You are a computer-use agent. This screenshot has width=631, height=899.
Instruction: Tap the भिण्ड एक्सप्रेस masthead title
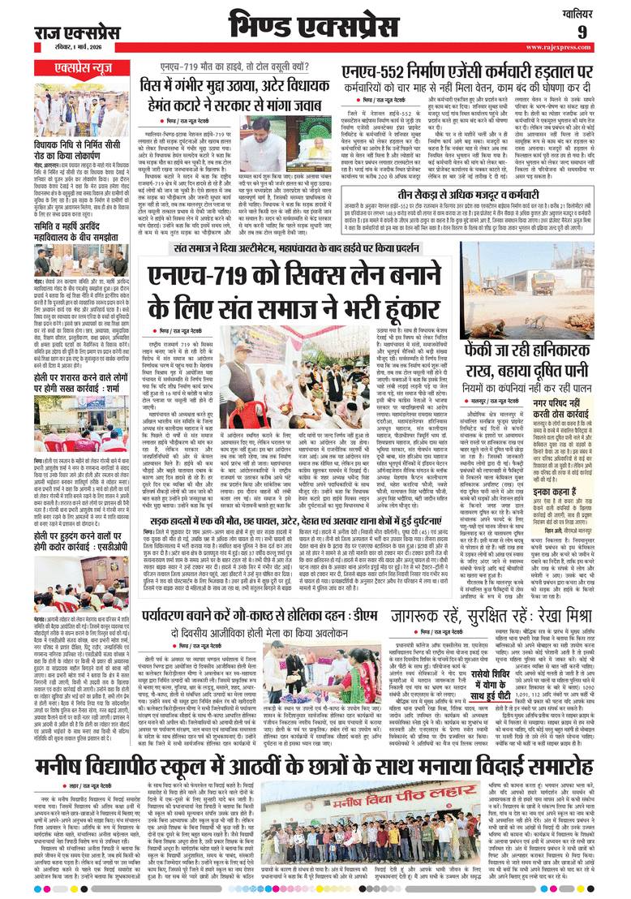pos(311,24)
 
